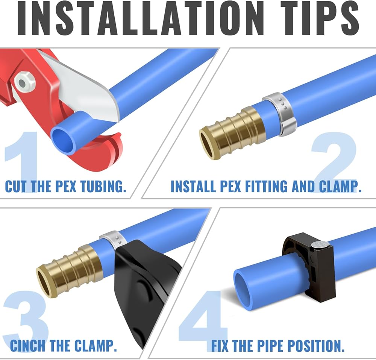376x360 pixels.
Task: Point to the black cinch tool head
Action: click(x=146, y=288)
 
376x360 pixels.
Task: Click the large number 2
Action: click(x=335, y=162)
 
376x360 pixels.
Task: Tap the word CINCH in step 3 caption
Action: click(x=28, y=345)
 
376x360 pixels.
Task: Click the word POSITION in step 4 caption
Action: click(x=316, y=345)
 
